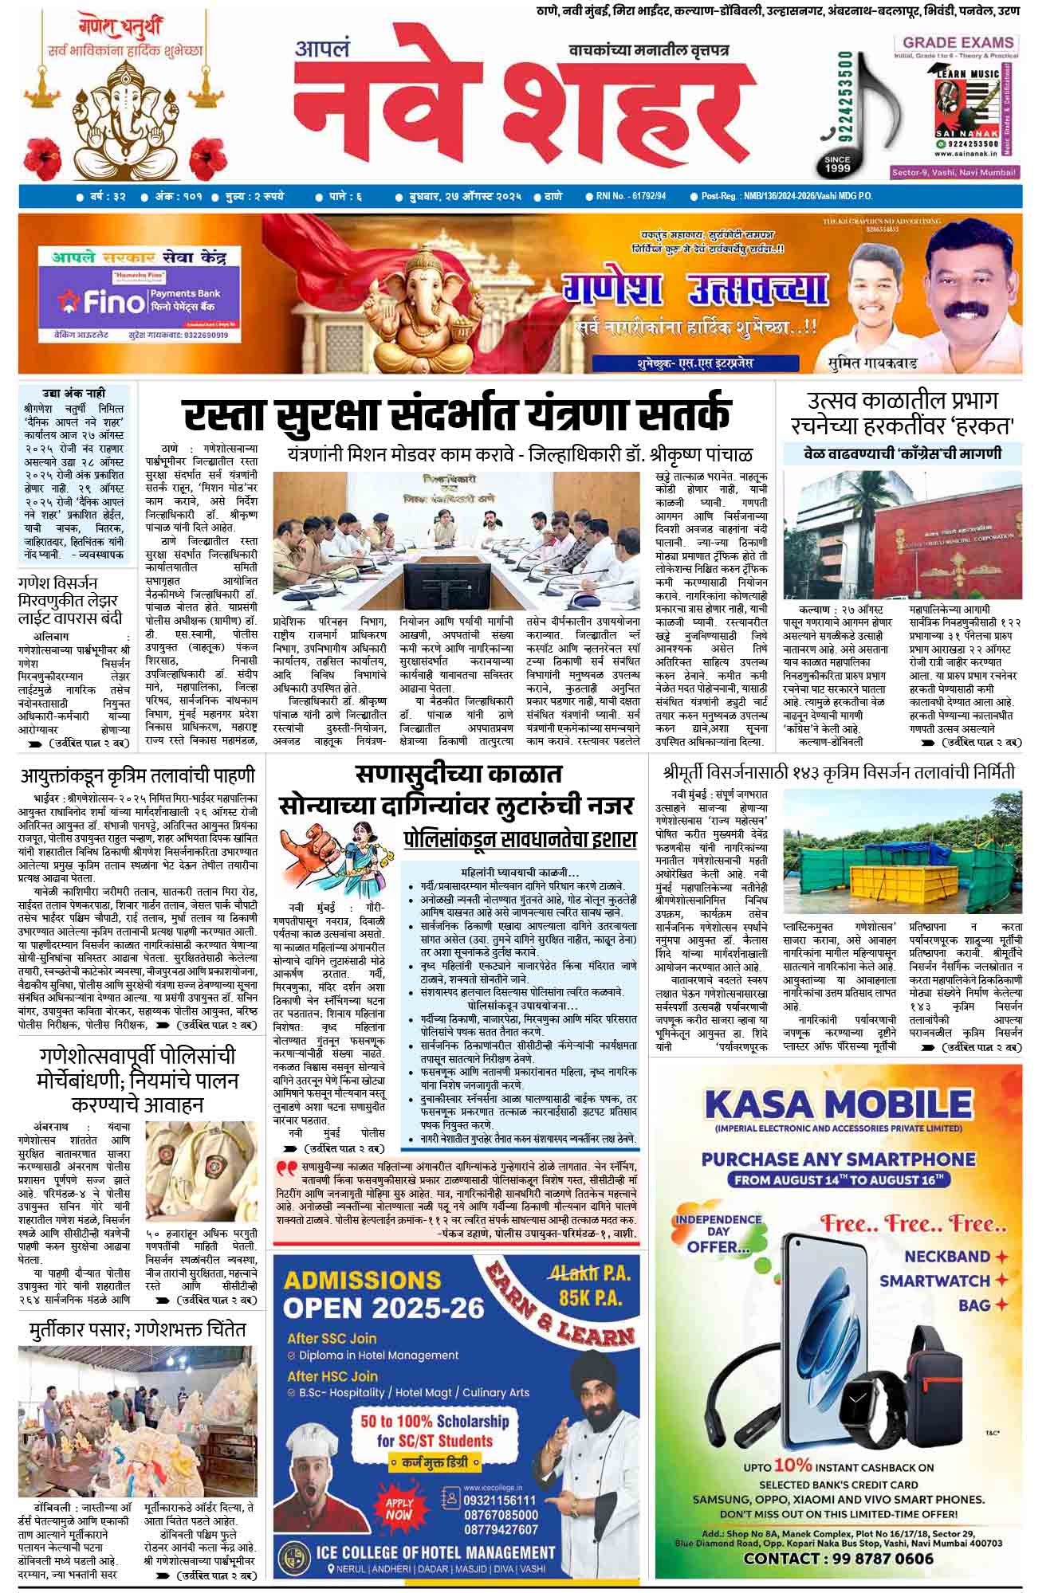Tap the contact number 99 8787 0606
point(839,1558)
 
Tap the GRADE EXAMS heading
point(958,42)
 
